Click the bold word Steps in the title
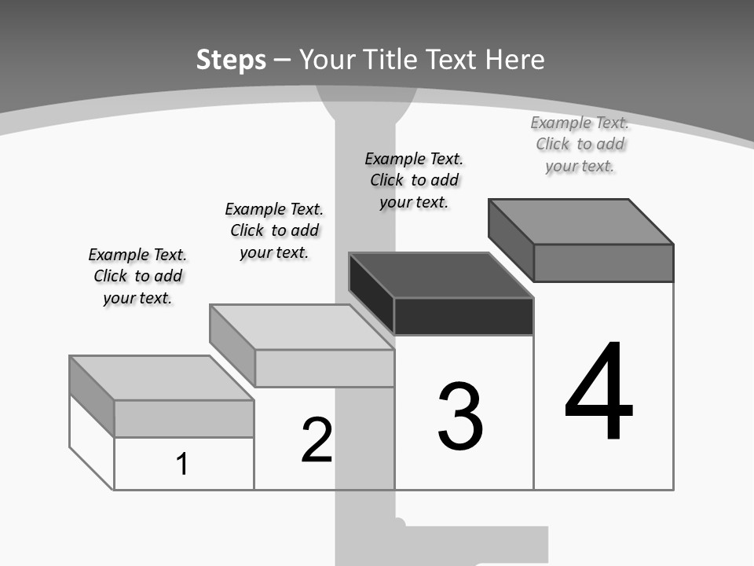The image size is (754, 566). tap(231, 61)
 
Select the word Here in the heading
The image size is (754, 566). tap(515, 60)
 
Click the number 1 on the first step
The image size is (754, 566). tap(181, 464)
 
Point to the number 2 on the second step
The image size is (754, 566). tap(317, 439)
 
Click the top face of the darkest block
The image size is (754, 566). tap(441, 276)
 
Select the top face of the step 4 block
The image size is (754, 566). tap(581, 222)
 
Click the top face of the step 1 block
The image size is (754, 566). tap(162, 378)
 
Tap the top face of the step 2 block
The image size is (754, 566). tap(302, 327)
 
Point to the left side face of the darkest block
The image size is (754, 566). tap(372, 293)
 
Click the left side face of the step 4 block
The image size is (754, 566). tap(511, 240)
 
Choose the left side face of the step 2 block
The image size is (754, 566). tap(232, 346)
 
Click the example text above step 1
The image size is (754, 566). tap(137, 276)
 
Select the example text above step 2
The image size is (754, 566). tap(274, 230)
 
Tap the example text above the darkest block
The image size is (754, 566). tap(414, 181)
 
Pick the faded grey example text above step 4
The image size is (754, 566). tap(580, 145)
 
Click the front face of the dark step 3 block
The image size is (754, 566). tap(463, 316)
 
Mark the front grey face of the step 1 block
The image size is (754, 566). tap(184, 419)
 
